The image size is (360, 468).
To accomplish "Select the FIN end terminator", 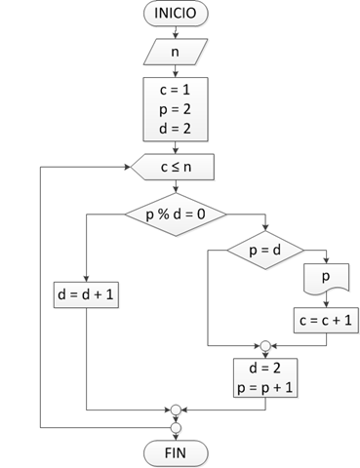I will (175, 453).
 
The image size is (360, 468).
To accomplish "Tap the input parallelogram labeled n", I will (175, 52).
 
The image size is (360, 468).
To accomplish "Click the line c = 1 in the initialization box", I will (175, 92).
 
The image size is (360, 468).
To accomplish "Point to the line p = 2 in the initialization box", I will (175, 109).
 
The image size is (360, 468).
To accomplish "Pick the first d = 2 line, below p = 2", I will (175, 127).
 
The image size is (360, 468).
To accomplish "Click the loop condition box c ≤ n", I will (175, 167).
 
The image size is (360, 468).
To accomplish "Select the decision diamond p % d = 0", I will (175, 213).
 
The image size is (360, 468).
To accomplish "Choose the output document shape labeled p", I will (325, 280).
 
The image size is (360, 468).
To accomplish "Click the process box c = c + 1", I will (325, 318).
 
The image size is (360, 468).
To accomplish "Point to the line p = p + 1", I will (264, 387).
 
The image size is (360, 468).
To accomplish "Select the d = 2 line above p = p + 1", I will (264, 370).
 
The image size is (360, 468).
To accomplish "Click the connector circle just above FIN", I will (176, 426).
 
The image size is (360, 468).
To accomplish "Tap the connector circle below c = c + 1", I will (264, 344).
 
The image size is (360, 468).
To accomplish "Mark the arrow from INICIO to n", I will (175, 32).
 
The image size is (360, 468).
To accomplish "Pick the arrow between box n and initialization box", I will (175, 70).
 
